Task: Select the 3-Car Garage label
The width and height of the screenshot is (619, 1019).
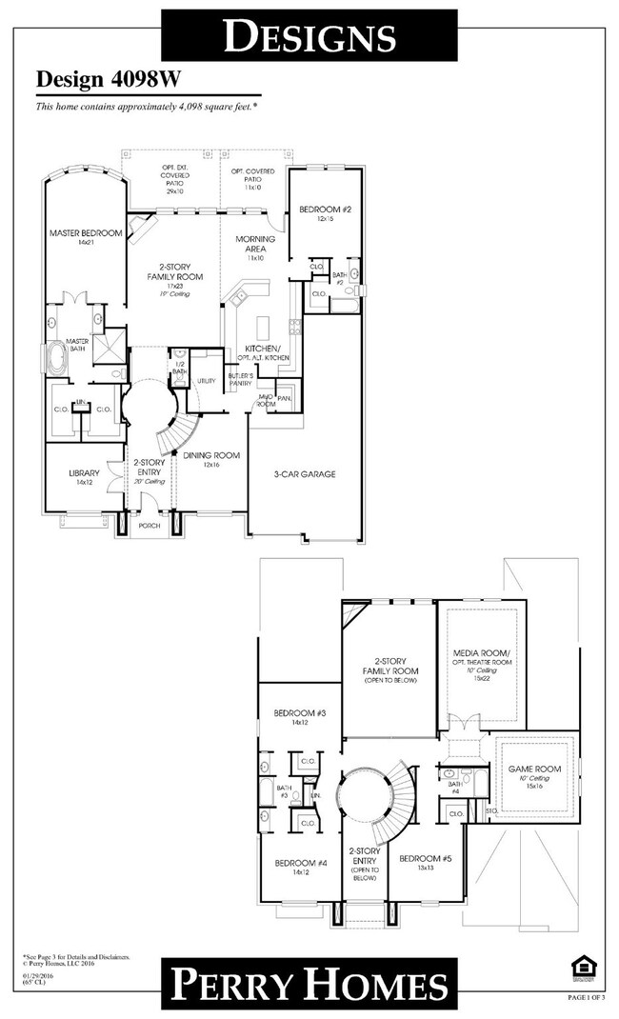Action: click(306, 473)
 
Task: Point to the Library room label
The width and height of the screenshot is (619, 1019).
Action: click(85, 473)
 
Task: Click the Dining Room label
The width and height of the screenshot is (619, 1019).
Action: click(211, 455)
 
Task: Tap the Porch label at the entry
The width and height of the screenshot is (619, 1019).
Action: click(150, 525)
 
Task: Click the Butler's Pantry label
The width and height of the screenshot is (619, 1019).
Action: click(242, 379)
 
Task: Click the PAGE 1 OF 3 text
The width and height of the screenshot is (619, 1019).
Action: click(588, 996)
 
